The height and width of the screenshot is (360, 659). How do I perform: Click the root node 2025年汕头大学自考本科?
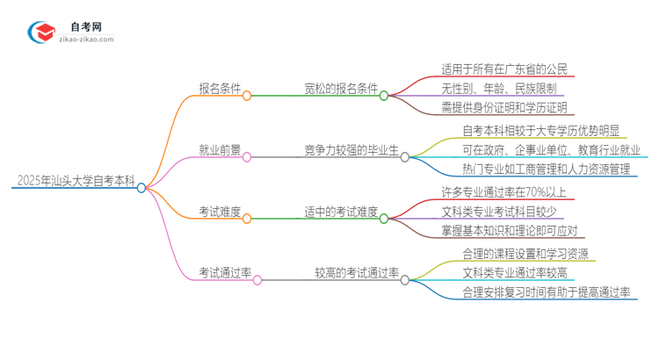(x=75, y=182)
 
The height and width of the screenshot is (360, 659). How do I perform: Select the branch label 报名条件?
(x=221, y=89)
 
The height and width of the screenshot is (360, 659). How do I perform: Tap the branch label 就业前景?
(x=221, y=151)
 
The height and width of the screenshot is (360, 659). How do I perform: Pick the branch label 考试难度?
(x=221, y=212)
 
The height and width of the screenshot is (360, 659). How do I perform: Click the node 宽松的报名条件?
(x=341, y=89)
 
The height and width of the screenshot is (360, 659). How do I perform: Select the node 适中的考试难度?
(x=341, y=212)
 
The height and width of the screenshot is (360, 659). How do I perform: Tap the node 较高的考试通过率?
(x=357, y=274)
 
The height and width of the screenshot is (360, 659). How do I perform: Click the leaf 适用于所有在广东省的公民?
(x=505, y=68)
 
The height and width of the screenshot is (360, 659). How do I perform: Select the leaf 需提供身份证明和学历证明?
(x=505, y=108)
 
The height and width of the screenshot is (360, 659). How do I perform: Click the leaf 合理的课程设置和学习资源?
(x=525, y=253)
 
